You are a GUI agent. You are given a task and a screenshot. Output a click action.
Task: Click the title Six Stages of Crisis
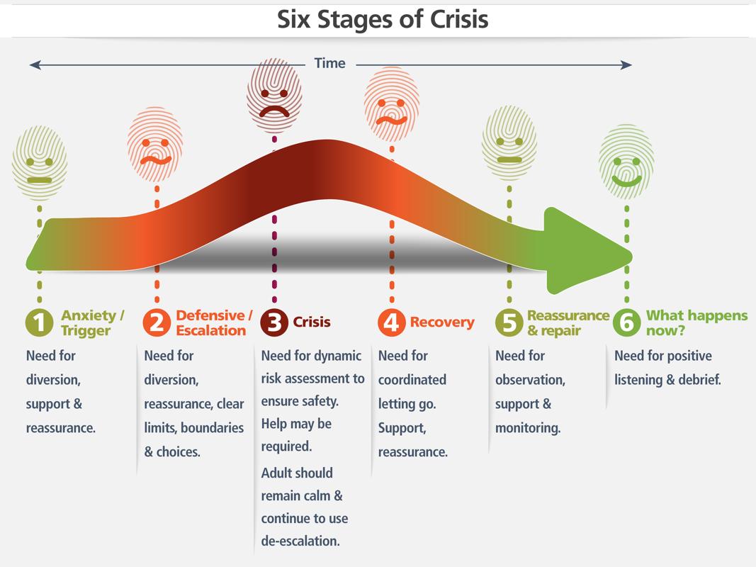[x=383, y=19]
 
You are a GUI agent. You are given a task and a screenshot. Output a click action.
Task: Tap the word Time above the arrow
[x=329, y=63]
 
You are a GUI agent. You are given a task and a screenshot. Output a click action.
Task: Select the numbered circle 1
[x=40, y=322]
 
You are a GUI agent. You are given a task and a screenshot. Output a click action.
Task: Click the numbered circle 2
[x=157, y=322]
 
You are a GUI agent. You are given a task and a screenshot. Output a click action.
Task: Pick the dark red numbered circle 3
[x=274, y=322]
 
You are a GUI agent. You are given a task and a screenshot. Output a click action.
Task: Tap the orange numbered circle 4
[x=391, y=322]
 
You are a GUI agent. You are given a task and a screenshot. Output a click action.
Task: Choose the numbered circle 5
[x=509, y=322]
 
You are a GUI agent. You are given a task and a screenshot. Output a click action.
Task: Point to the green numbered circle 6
[x=626, y=322]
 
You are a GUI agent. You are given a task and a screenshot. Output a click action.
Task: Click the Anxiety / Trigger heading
[x=93, y=322]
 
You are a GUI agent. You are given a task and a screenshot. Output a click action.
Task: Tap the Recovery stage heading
[x=442, y=322]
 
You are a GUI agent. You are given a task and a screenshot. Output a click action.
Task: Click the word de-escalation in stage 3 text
[x=300, y=541]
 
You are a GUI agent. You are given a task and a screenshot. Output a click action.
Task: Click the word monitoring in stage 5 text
[x=528, y=428]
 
